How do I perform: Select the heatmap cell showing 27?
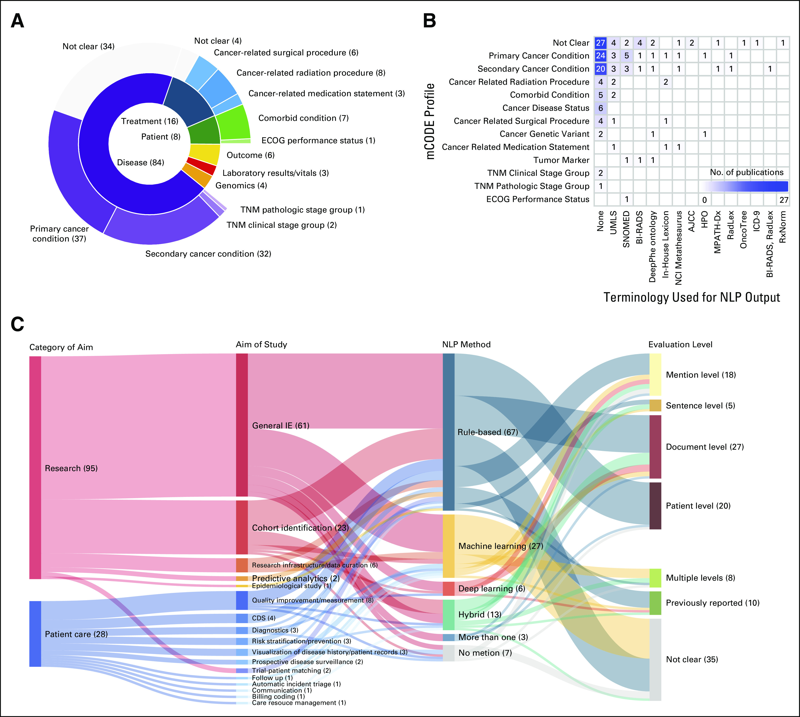[600, 42]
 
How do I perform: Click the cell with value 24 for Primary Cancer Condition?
[600, 56]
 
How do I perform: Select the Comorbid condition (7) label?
[303, 118]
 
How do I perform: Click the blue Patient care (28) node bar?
[35, 634]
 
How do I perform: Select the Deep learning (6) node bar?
[448, 589]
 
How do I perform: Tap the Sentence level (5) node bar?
[655, 405]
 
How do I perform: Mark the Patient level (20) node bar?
[655, 506]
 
